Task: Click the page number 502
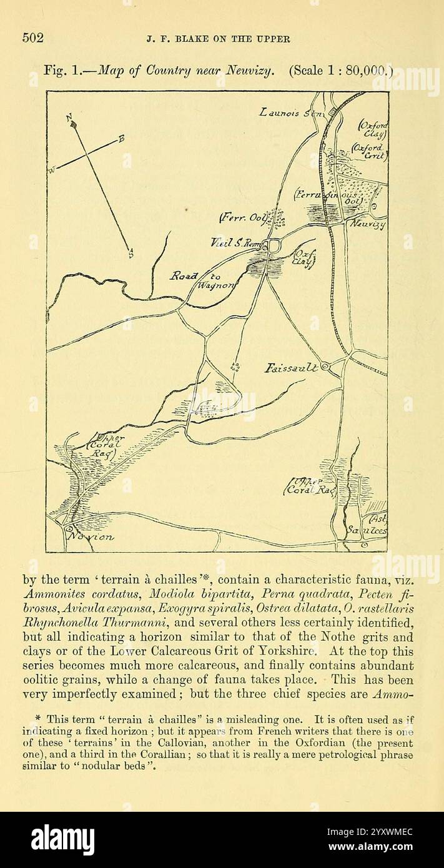[x=33, y=38]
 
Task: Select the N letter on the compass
[x=69, y=116]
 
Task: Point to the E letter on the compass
[x=121, y=138]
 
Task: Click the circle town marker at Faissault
[x=327, y=368]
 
